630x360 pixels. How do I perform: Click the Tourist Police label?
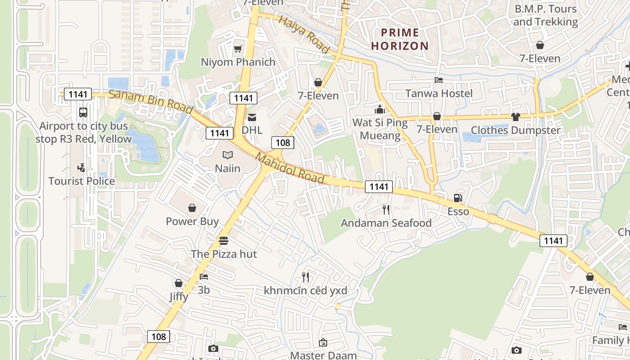[81, 181]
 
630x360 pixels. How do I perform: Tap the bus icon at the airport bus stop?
[83, 112]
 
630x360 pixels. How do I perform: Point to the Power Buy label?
[192, 221]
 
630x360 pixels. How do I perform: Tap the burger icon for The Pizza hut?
[224, 241]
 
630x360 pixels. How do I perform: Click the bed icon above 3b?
[204, 276]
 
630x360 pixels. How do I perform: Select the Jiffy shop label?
[179, 297]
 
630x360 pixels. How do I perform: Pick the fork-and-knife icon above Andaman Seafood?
[386, 209]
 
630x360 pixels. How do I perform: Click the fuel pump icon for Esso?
[458, 198]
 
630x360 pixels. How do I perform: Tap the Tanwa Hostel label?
[439, 93]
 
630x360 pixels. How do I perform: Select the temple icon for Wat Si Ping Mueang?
[380, 109]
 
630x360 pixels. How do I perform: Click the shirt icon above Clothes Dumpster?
[515, 117]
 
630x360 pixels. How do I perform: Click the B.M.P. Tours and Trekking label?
[545, 15]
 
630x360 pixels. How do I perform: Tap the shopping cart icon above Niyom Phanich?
[238, 49]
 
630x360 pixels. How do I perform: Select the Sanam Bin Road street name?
[151, 101]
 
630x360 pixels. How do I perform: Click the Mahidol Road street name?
[290, 168]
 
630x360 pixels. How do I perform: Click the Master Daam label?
[323, 355]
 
